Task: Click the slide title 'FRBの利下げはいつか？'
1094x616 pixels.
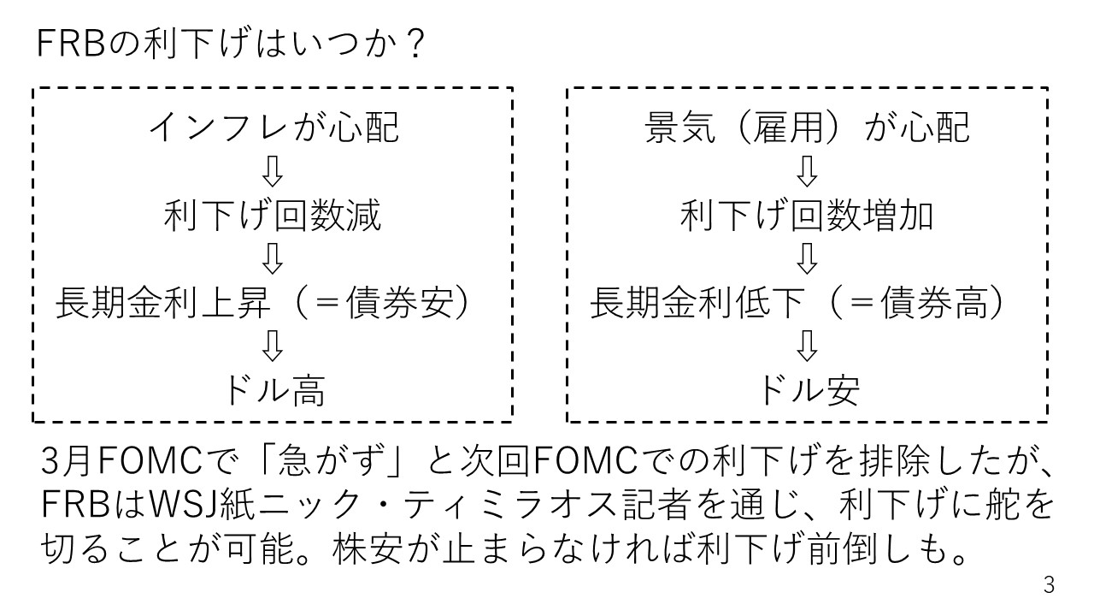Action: pyautogui.click(x=232, y=44)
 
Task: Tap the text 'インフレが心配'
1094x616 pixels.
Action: pyautogui.click(x=273, y=128)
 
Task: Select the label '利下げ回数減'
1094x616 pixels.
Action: pyautogui.click(x=273, y=216)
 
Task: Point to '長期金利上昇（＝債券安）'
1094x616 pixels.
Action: pyautogui.click(x=264, y=305)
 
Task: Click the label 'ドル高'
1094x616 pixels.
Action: pyautogui.click(x=273, y=391)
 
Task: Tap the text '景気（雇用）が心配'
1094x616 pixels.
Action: pyautogui.click(x=807, y=128)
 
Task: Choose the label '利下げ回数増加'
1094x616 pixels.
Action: pyautogui.click(x=807, y=216)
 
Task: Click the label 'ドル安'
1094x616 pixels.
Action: pyautogui.click(x=807, y=391)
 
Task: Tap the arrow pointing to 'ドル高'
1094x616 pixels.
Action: pyautogui.click(x=273, y=347)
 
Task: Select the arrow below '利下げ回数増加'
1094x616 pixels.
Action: pyautogui.click(x=807, y=258)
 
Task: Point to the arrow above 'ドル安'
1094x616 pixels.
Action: pyautogui.click(x=807, y=347)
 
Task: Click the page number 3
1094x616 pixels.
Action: pyautogui.click(x=1050, y=586)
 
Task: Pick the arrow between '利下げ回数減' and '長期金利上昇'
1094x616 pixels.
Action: pyautogui.click(x=273, y=258)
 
